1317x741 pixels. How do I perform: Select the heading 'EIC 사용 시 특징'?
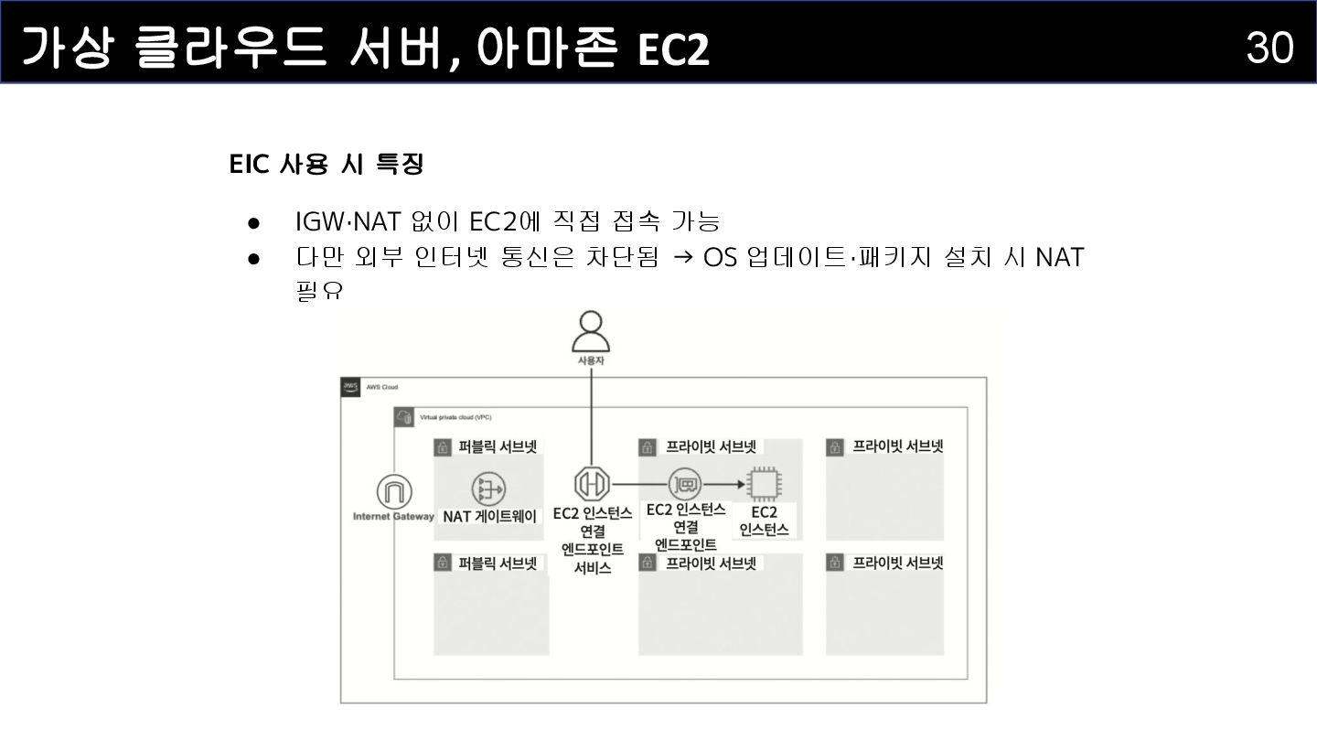pyautogui.click(x=327, y=165)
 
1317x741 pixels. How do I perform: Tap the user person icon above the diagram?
pyautogui.click(x=591, y=332)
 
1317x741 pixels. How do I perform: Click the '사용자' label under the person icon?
pyautogui.click(x=591, y=361)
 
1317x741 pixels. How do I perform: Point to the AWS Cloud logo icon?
pyautogui.click(x=351, y=387)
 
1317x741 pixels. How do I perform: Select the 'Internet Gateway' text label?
pyautogui.click(x=393, y=517)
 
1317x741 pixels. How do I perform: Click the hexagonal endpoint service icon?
pyautogui.click(x=592, y=483)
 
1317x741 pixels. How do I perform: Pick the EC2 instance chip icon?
pyautogui.click(x=763, y=483)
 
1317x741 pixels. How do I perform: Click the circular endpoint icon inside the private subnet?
pyautogui.click(x=684, y=483)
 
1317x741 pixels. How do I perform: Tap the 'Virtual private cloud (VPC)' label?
pyautogui.click(x=455, y=417)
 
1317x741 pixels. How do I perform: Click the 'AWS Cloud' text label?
pyautogui.click(x=382, y=387)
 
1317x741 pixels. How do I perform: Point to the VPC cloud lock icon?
pyautogui.click(x=404, y=417)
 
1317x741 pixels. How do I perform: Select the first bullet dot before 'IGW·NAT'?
pyautogui.click(x=255, y=222)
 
